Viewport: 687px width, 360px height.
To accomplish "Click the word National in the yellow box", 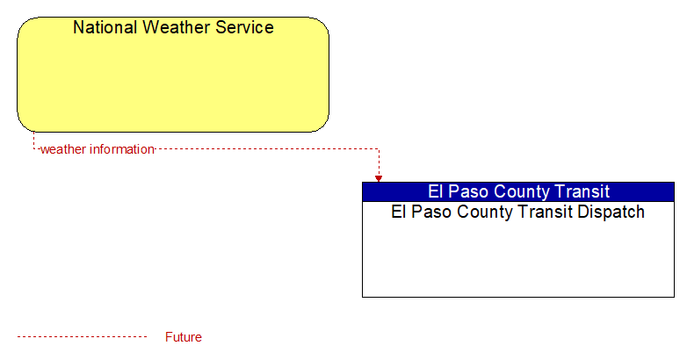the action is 105,27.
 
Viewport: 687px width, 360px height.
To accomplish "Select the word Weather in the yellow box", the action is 177,27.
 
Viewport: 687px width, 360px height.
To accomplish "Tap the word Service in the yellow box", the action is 245,27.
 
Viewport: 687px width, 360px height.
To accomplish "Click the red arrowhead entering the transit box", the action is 379,179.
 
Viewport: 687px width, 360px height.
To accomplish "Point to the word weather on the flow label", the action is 63,149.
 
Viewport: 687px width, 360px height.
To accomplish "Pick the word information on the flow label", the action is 122,149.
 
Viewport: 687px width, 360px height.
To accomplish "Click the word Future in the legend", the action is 183,337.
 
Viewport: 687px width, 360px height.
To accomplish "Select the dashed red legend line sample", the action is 82,337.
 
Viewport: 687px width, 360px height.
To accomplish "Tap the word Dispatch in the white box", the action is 611,212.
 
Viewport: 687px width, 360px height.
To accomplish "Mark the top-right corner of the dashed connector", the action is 379,149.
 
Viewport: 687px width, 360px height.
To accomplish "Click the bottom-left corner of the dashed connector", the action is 33,149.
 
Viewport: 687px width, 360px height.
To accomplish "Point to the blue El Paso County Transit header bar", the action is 518,191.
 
